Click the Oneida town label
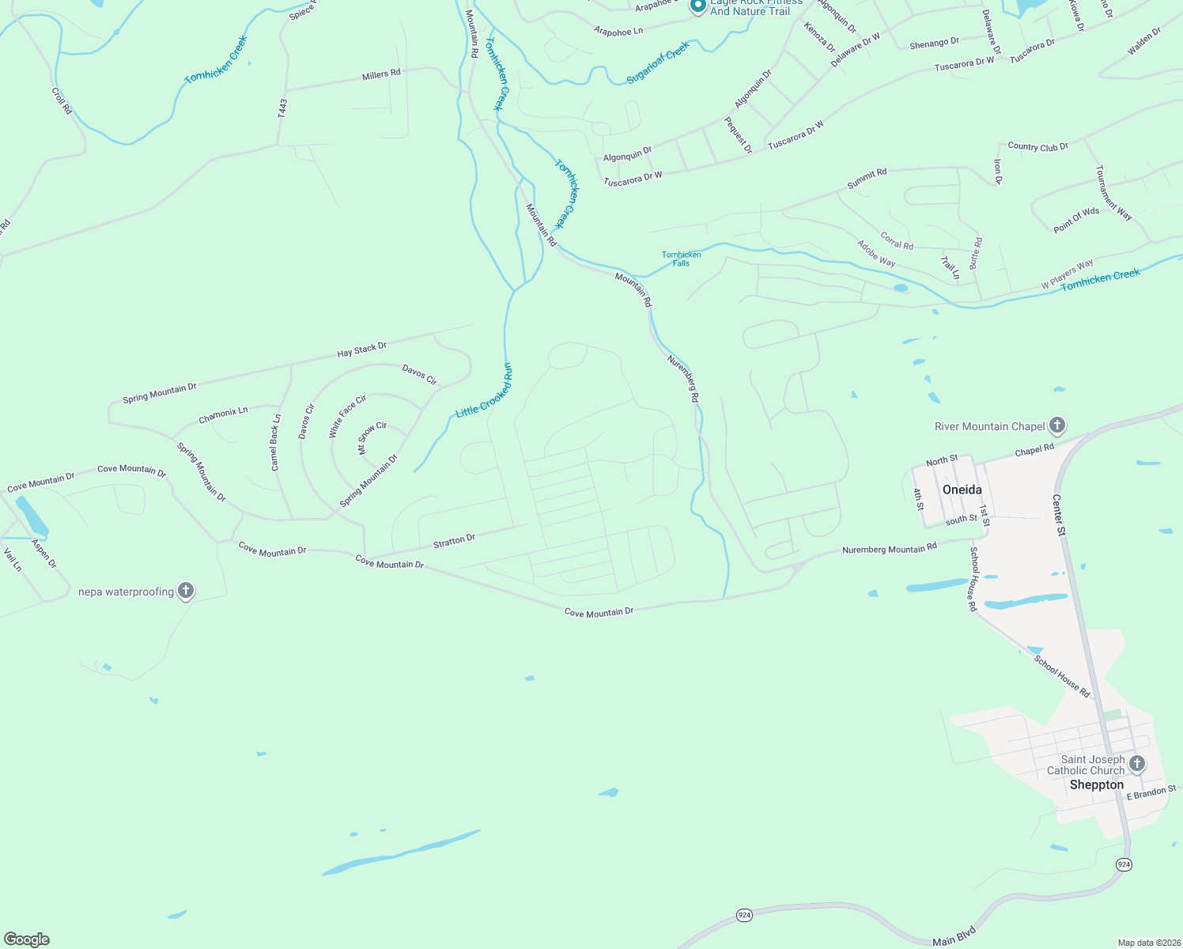click(962, 490)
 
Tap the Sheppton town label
click(1096, 785)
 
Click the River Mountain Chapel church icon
click(1056, 426)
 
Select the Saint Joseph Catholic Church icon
click(1136, 764)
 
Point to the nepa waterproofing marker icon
click(186, 591)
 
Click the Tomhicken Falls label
click(681, 259)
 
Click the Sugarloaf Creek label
click(658, 63)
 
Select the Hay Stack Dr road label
click(362, 349)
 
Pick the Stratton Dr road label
click(454, 541)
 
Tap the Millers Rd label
click(381, 74)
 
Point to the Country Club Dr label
click(1037, 146)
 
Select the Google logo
click(27, 940)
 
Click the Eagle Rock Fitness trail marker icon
click(697, 6)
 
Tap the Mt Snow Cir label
click(372, 437)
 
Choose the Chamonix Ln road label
click(223, 414)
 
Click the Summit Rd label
click(867, 178)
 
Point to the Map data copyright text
click(1147, 943)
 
